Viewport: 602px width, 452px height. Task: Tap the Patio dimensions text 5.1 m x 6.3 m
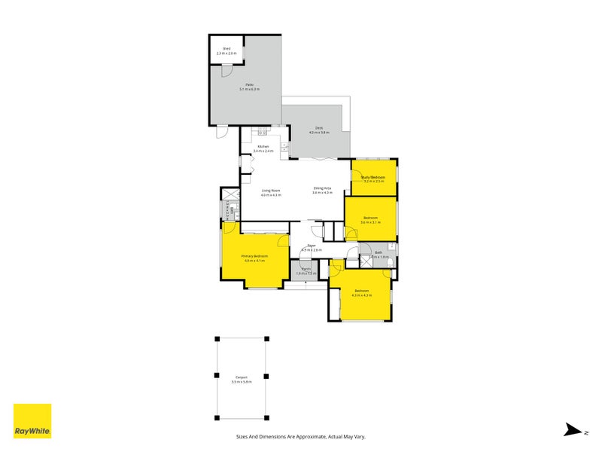tap(249, 90)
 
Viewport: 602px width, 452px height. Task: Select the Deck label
tap(314, 128)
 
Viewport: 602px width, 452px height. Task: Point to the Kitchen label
tap(263, 146)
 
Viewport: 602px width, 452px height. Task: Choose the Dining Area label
tap(322, 188)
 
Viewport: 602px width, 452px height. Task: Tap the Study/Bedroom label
tap(373, 176)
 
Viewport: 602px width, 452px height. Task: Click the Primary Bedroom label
tap(254, 256)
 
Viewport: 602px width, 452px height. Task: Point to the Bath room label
tap(379, 252)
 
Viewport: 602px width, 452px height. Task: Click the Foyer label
tap(311, 246)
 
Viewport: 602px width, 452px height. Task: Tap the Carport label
tap(242, 377)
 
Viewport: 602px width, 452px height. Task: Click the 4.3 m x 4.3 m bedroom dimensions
tap(362, 295)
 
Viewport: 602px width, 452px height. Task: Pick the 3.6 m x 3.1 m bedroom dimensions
tap(370, 222)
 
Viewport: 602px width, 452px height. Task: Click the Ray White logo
tap(32, 421)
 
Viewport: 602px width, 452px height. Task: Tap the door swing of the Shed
tap(227, 71)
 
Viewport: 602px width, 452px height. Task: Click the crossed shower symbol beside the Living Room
tap(226, 194)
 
